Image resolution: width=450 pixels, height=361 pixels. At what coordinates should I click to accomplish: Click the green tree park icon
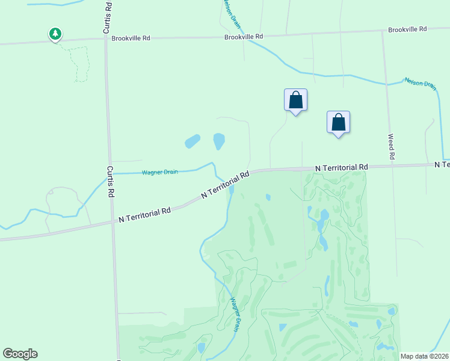pyautogui.click(x=55, y=34)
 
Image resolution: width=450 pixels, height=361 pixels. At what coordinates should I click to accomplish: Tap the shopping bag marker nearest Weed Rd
pyautogui.click(x=339, y=122)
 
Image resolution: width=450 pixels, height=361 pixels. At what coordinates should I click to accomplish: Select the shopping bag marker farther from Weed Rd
pyautogui.click(x=295, y=100)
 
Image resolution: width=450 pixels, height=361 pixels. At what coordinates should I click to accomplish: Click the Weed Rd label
pyautogui.click(x=392, y=147)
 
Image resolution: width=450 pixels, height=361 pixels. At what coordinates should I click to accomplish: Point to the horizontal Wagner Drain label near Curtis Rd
pyautogui.click(x=159, y=173)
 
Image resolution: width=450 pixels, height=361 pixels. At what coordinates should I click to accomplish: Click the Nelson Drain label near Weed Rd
pyautogui.click(x=420, y=83)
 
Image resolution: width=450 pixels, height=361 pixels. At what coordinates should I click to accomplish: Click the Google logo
pyautogui.click(x=20, y=354)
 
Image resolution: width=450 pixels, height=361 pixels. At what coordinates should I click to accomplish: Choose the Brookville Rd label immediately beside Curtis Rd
pyautogui.click(x=131, y=38)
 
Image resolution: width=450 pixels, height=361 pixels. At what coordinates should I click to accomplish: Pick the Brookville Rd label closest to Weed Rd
pyautogui.click(x=407, y=29)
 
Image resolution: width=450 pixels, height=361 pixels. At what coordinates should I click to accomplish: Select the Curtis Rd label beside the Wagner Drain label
pyautogui.click(x=111, y=182)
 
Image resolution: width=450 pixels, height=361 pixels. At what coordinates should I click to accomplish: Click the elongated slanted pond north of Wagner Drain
pyautogui.click(x=193, y=142)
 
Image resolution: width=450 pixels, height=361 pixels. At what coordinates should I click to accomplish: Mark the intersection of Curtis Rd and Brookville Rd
pyautogui.click(x=106, y=39)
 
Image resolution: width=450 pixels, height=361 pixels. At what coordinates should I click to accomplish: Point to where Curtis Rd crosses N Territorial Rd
pyautogui.click(x=113, y=221)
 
